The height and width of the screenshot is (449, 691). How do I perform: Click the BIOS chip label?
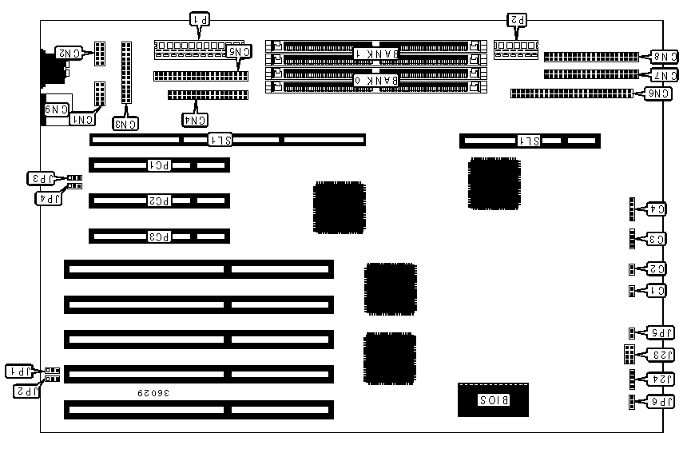pyautogui.click(x=493, y=399)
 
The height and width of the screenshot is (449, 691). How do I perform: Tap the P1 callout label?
pyautogui.click(x=200, y=18)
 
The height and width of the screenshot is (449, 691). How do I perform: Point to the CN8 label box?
pyautogui.click(x=665, y=57)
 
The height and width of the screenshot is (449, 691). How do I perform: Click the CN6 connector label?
pyautogui.click(x=659, y=93)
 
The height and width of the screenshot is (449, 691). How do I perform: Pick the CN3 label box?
pyautogui.click(x=125, y=123)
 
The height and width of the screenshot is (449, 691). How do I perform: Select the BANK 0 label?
pyautogui.click(x=376, y=80)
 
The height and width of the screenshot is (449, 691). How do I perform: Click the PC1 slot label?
pyautogui.click(x=159, y=165)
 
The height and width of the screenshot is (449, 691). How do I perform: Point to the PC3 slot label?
pyautogui.click(x=159, y=236)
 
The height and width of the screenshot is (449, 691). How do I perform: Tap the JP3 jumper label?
pyautogui.click(x=42, y=177)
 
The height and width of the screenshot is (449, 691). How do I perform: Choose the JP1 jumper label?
pyautogui.click(x=19, y=371)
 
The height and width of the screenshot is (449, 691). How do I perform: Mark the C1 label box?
pyautogui.click(x=656, y=291)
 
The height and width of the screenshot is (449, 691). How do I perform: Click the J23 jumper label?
pyautogui.click(x=663, y=355)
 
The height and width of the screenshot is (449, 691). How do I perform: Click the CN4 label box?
pyautogui.click(x=196, y=120)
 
